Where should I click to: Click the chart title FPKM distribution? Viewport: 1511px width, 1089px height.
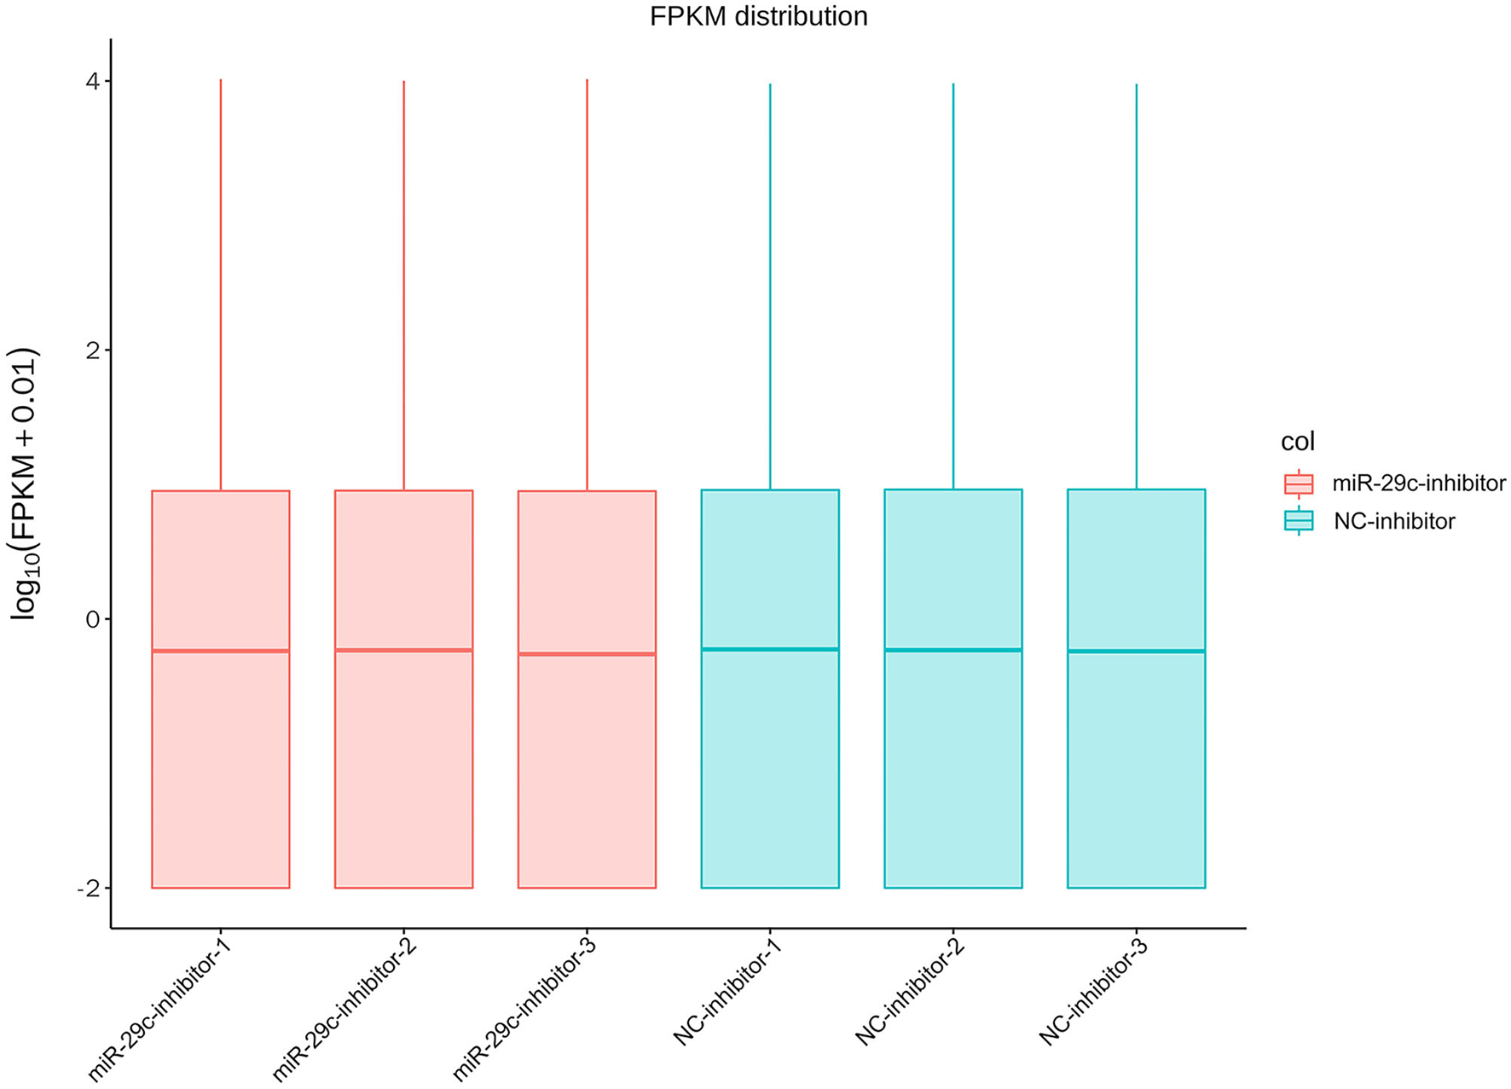pos(758,16)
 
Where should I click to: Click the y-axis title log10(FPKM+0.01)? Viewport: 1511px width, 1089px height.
pos(25,484)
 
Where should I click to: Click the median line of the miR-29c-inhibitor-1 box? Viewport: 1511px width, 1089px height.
pos(221,651)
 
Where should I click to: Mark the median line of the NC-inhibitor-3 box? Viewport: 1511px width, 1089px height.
pos(1136,651)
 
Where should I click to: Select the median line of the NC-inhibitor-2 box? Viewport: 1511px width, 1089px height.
pos(953,650)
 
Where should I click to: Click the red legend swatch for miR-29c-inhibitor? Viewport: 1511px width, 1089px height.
pos(1299,484)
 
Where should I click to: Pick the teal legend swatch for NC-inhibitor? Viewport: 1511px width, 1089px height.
pos(1299,520)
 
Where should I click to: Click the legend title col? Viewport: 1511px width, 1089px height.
pos(1298,442)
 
